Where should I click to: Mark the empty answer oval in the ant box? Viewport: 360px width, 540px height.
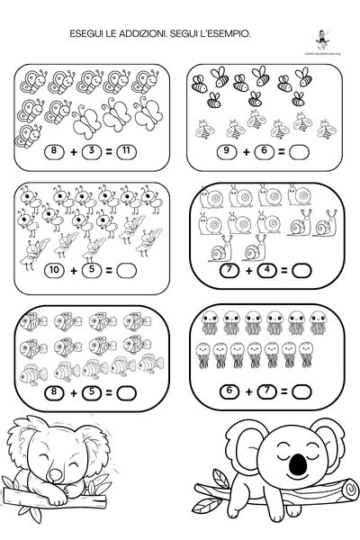127,269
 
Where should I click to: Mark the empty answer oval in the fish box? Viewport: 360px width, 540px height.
127,391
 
